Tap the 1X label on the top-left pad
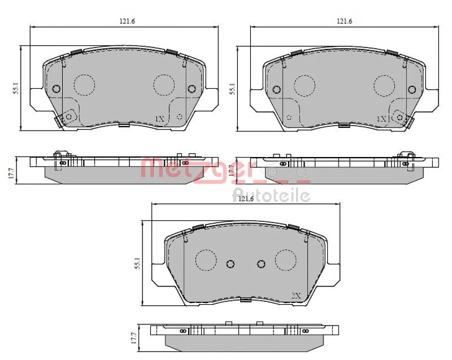(x=159, y=119)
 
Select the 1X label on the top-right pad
(x=381, y=119)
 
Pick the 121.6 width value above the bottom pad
(x=245, y=199)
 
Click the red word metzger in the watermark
(x=198, y=168)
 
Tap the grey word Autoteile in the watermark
(x=271, y=196)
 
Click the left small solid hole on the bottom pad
(x=230, y=264)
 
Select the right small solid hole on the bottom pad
(x=261, y=264)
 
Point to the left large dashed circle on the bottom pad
(x=206, y=260)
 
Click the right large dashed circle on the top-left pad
(x=164, y=85)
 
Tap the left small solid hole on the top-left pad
(x=56, y=89)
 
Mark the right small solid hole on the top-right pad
(x=413, y=89)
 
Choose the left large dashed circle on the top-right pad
(x=306, y=85)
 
